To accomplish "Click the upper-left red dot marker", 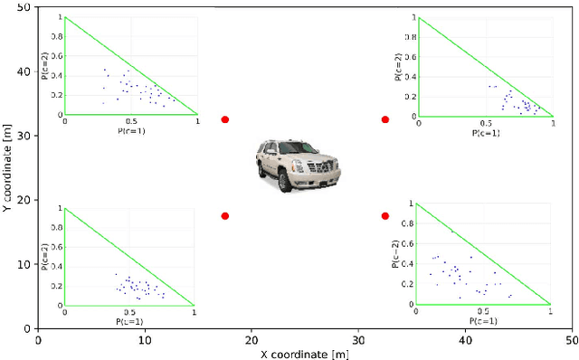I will tap(225, 119).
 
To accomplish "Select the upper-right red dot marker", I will tap(385, 119).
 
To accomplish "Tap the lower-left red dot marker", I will tap(225, 216).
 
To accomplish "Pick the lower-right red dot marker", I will tap(385, 216).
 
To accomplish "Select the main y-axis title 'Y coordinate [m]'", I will tap(7, 167).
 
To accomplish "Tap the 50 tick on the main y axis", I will tap(24, 7).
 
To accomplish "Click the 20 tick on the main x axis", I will tap(251, 339).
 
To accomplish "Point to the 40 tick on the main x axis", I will tap(465, 339).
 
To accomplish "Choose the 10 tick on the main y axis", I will tap(24, 264).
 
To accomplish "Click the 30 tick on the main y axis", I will tap(24, 136).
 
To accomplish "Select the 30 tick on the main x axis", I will tap(358, 339).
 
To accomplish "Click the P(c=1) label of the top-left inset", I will tap(131, 130).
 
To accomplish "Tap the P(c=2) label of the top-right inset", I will tap(398, 66).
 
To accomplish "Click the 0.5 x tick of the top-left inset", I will tap(131, 120).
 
